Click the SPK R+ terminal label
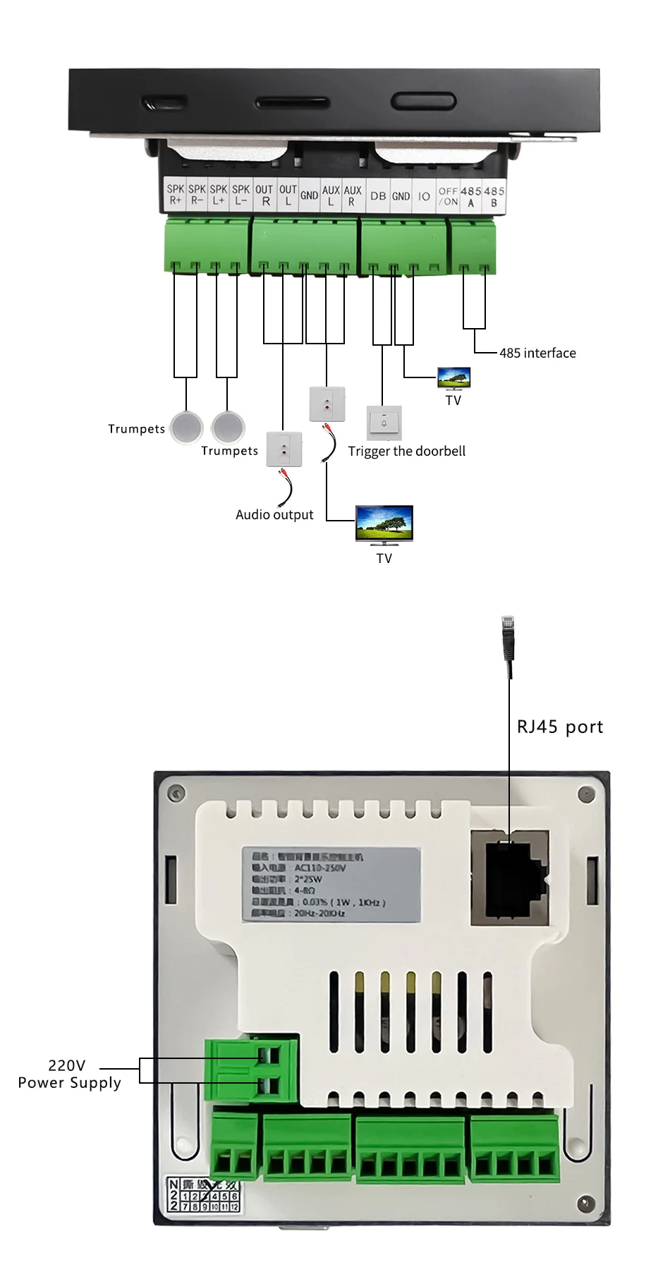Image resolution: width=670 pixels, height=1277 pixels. [x=175, y=195]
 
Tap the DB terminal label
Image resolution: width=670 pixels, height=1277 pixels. [x=378, y=196]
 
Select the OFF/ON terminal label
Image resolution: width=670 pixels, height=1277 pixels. [x=448, y=196]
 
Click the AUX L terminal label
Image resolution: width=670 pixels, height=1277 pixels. [x=331, y=195]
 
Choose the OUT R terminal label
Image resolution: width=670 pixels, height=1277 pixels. [x=264, y=195]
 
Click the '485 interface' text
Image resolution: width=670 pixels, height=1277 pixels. [x=537, y=353]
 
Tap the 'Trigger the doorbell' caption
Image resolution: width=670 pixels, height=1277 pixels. [x=407, y=452]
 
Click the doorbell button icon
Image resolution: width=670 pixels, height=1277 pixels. [x=384, y=423]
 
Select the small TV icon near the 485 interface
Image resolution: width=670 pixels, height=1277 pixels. [x=453, y=378]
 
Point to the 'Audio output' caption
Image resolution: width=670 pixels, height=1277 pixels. [x=274, y=515]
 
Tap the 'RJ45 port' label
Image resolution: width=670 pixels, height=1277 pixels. [x=560, y=727]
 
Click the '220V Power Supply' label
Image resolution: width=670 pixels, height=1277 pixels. [x=69, y=1074]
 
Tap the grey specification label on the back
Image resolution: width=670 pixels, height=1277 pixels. [x=331, y=884]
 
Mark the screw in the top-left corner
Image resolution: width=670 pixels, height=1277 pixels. [x=176, y=792]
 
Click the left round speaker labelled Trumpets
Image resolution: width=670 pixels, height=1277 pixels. [x=186, y=427]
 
